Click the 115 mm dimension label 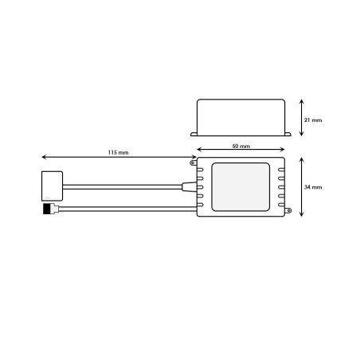[118, 152]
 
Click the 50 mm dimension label [241, 146]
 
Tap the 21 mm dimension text [313, 120]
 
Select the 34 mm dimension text [313, 187]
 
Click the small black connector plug [47, 209]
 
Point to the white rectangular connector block [52, 186]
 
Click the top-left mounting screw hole [193, 162]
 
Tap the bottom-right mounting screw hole [288, 211]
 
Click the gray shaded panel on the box [241, 187]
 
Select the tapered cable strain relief [190, 186]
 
